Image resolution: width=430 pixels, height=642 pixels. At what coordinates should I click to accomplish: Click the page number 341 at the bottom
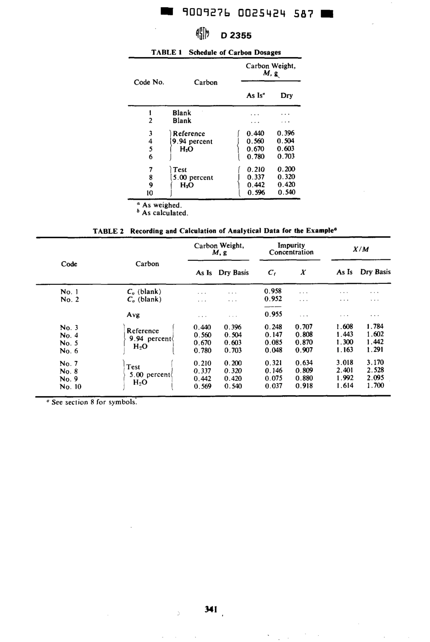pos(211,609)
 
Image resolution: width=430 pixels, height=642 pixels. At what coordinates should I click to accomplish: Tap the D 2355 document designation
pos(236,35)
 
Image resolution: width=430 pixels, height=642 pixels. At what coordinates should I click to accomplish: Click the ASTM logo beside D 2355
pos(202,34)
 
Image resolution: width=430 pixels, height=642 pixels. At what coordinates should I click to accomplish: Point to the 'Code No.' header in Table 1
pos(149,82)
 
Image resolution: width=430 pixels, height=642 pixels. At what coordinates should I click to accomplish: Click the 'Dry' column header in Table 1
pos(287,95)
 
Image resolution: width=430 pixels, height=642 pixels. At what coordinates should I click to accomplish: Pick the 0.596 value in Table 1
pos(255,192)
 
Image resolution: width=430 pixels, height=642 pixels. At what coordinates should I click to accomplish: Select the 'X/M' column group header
pos(361,249)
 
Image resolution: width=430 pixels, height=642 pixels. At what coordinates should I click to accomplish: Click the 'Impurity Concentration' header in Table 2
pos(291,249)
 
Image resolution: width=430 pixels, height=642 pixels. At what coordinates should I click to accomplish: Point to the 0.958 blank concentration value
pos(273,291)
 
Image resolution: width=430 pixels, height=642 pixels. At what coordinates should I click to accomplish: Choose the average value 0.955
pos(273,314)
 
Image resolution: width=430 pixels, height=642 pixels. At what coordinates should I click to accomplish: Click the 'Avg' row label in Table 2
pos(133,315)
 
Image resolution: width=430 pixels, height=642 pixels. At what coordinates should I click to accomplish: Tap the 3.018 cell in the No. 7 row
pos(344,363)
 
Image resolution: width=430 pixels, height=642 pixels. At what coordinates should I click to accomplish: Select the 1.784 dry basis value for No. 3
pos(375,326)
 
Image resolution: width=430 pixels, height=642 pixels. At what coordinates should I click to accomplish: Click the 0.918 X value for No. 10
pos(303,386)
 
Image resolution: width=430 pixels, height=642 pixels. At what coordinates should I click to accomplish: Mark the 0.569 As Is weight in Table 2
pos(202,386)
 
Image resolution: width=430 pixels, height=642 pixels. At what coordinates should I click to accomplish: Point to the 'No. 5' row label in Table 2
pos(69,343)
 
